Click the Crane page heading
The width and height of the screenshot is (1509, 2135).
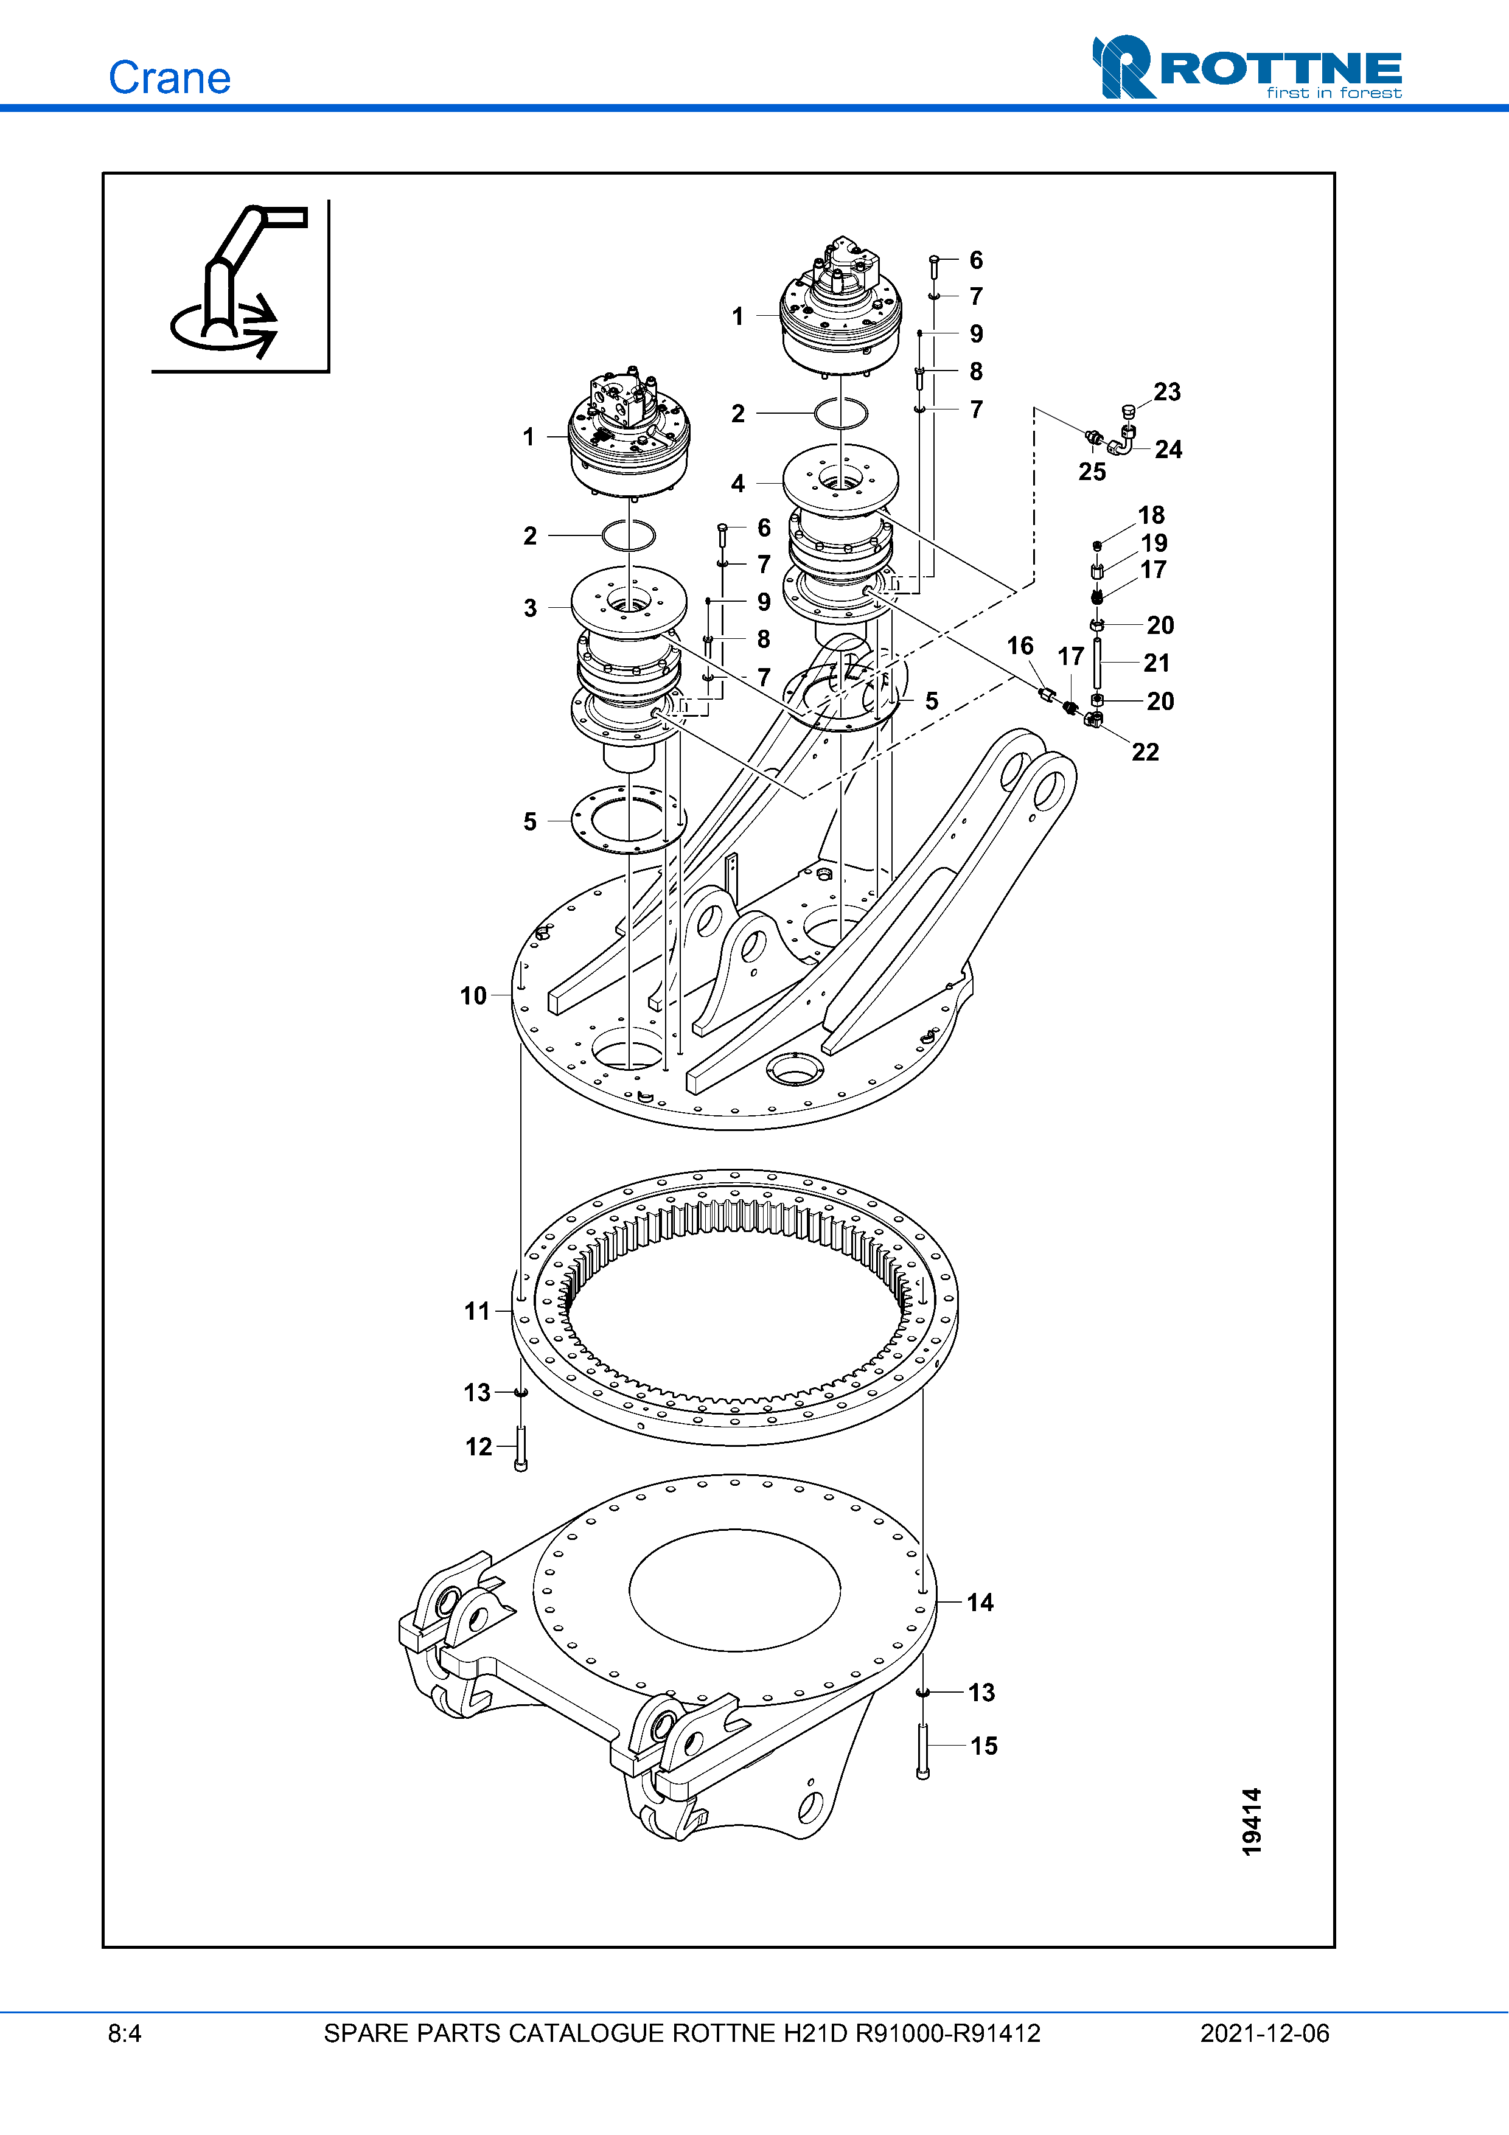169,77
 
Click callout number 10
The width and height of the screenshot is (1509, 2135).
473,996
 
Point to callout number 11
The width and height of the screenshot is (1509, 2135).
477,1311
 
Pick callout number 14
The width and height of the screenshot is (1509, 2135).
980,1602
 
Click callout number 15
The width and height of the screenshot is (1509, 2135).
984,1746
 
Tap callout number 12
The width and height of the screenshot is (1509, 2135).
479,1447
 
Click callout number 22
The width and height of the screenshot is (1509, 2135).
1146,752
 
